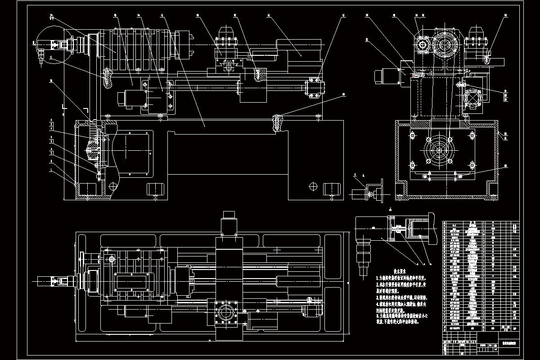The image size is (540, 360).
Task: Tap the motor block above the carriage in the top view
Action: (229, 222)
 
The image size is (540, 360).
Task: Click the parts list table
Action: (481, 279)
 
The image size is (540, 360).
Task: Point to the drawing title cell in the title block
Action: (508, 343)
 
